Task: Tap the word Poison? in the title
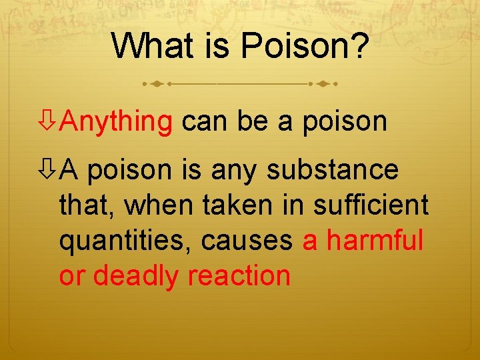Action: (304, 45)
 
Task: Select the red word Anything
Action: (116, 121)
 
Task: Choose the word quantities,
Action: (125, 241)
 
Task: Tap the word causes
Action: (247, 241)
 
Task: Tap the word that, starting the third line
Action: (87, 205)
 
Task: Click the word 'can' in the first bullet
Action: (204, 121)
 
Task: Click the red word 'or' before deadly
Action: (72, 275)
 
